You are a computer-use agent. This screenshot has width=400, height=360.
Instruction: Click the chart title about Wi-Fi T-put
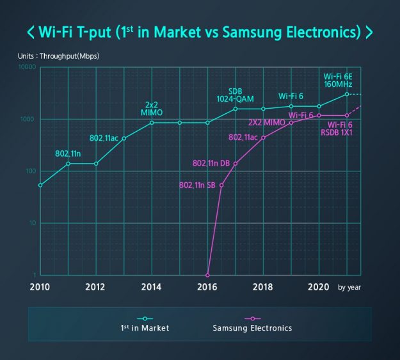click(x=200, y=32)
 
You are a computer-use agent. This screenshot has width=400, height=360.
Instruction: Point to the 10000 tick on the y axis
click(x=28, y=68)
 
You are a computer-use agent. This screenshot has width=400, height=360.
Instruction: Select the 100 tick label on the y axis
click(x=31, y=171)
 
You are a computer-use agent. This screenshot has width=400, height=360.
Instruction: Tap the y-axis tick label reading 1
click(x=35, y=275)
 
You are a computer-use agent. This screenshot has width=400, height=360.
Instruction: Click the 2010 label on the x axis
click(x=40, y=287)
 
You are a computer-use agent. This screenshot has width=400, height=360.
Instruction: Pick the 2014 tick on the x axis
click(x=152, y=287)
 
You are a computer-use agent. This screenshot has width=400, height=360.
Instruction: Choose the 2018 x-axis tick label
click(x=263, y=287)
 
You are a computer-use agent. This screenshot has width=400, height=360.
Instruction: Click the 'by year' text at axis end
click(x=349, y=288)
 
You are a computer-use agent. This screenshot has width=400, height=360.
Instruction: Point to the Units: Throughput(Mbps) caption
click(x=59, y=56)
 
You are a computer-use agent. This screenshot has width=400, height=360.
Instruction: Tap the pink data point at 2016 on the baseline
click(x=207, y=275)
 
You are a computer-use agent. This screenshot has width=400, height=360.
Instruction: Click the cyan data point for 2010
click(x=40, y=185)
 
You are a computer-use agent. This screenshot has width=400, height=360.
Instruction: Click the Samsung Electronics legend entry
click(x=252, y=328)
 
